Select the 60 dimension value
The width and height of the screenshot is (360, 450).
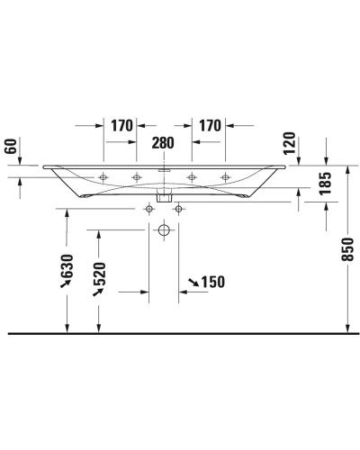11,146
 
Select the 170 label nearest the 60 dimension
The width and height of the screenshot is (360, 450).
123,126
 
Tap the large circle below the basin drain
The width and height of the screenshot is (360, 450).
164,230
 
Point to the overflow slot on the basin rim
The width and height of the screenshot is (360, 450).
163,167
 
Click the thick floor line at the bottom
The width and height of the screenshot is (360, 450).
180,332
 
